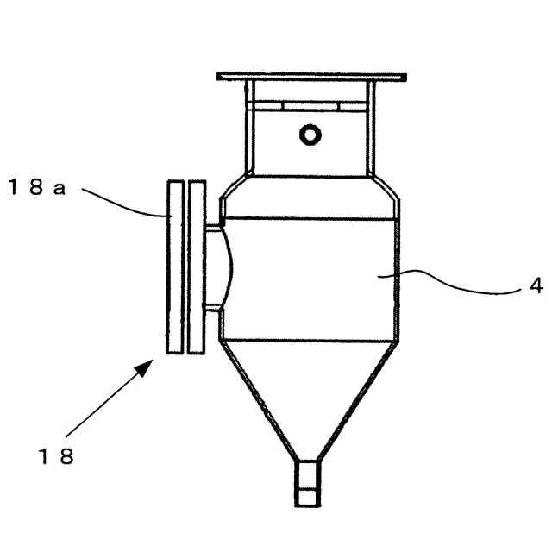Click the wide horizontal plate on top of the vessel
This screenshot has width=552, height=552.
[x=310, y=76]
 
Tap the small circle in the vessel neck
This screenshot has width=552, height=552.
[x=308, y=134]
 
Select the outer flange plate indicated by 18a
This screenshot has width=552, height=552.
[x=175, y=267]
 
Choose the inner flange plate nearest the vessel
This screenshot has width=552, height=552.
[x=197, y=267]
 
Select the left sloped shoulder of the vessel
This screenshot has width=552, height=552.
[x=230, y=190]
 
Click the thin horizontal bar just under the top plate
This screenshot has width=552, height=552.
[x=310, y=104]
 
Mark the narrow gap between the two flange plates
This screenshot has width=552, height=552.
[x=185, y=267]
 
